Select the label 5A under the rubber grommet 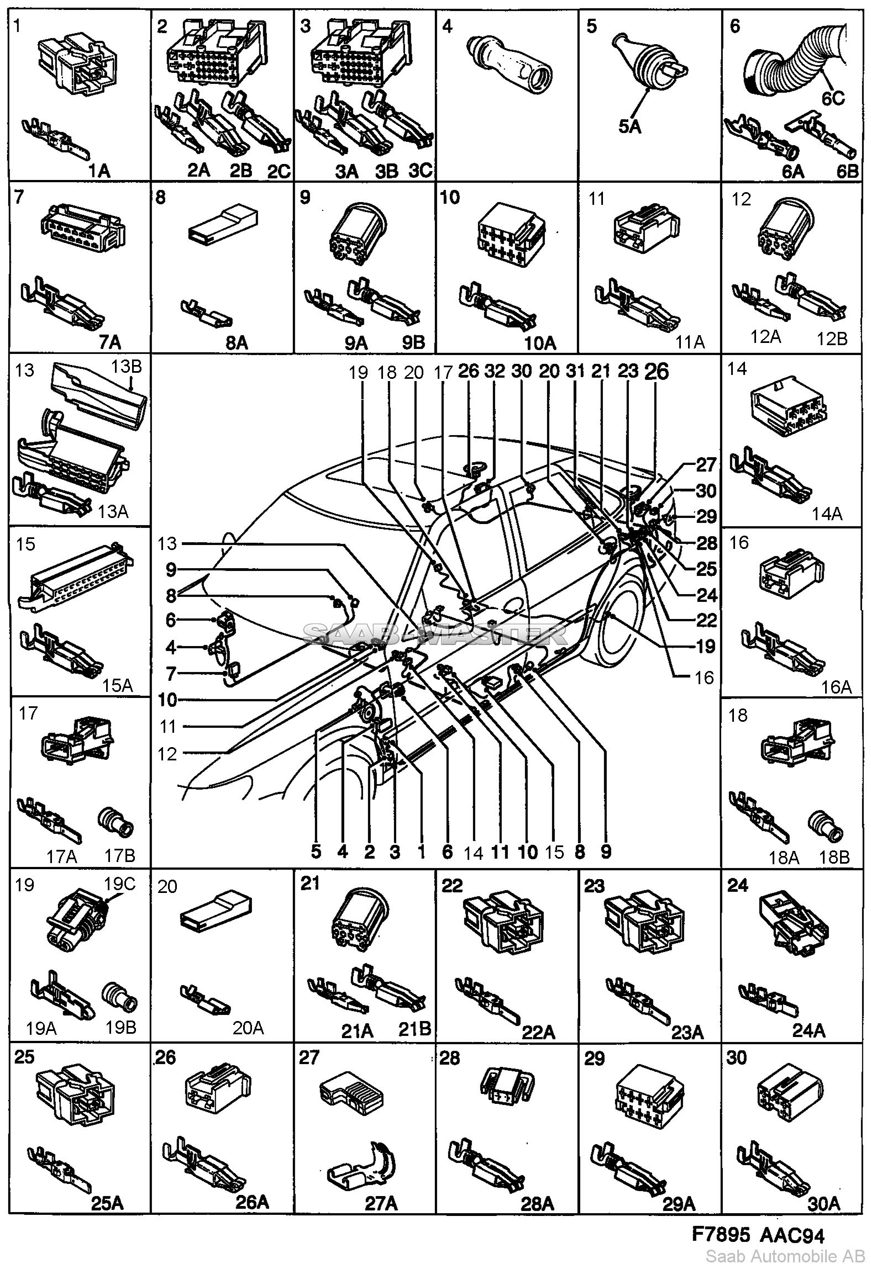[629, 127]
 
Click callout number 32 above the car [494, 371]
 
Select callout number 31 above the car [575, 371]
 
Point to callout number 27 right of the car [705, 465]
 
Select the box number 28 [450, 1058]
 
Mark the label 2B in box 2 [240, 170]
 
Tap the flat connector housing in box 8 [219, 226]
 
